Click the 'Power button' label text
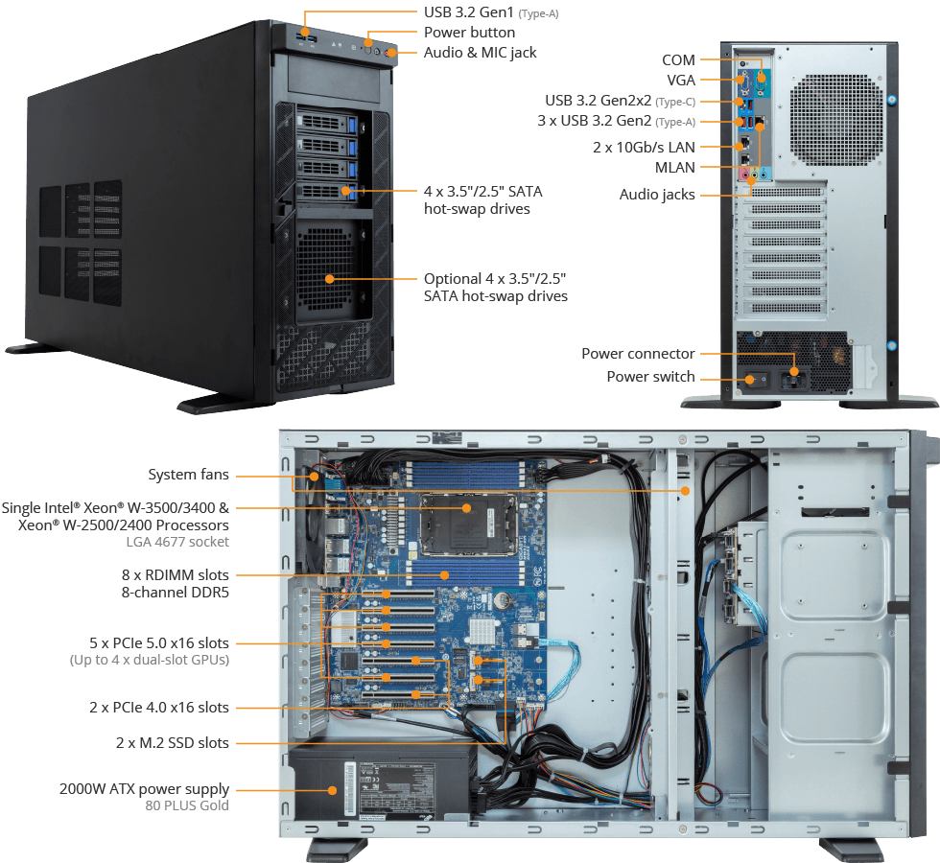[469, 33]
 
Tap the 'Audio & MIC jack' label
[481, 53]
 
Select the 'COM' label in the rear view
[679, 59]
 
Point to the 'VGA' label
[681, 81]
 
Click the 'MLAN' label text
[675, 168]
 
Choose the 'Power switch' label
[651, 376]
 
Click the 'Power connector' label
[639, 354]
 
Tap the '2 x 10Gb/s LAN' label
[644, 148]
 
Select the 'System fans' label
[189, 475]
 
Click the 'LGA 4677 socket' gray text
[177, 542]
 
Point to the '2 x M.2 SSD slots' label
[173, 743]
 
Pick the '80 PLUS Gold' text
[187, 805]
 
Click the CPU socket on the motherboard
[468, 525]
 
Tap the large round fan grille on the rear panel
[836, 120]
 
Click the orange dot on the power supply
[332, 790]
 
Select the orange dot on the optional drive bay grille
[329, 279]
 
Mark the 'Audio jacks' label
[657, 194]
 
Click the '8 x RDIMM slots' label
[175, 575]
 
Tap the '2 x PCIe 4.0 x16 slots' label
[159, 708]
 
